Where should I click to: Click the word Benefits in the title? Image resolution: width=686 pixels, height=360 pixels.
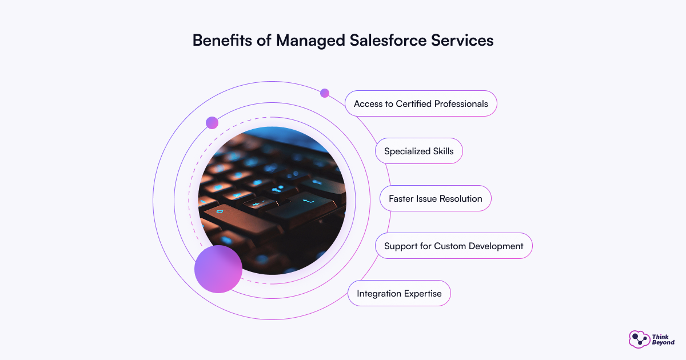(x=222, y=40)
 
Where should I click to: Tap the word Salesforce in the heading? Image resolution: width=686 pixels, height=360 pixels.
(x=388, y=40)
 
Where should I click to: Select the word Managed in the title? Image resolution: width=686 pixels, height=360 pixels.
(x=310, y=41)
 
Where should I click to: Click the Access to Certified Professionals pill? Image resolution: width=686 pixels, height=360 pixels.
(x=421, y=103)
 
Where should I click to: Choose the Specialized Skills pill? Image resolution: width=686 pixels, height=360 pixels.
(x=418, y=151)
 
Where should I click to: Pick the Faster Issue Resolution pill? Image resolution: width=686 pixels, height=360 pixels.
(x=435, y=198)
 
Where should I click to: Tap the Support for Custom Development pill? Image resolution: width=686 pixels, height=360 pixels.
(x=453, y=246)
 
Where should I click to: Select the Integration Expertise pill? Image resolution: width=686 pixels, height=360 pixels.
(x=399, y=293)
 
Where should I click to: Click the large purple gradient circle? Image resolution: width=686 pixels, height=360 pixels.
(x=218, y=269)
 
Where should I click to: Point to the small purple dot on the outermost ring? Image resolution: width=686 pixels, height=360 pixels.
(x=325, y=93)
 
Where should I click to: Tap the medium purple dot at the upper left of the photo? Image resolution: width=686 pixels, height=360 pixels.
(x=212, y=123)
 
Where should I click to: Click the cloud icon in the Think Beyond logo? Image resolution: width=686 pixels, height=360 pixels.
(x=639, y=339)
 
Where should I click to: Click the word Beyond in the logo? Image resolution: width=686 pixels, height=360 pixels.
(x=663, y=342)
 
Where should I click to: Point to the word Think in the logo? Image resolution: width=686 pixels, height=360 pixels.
(x=660, y=337)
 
